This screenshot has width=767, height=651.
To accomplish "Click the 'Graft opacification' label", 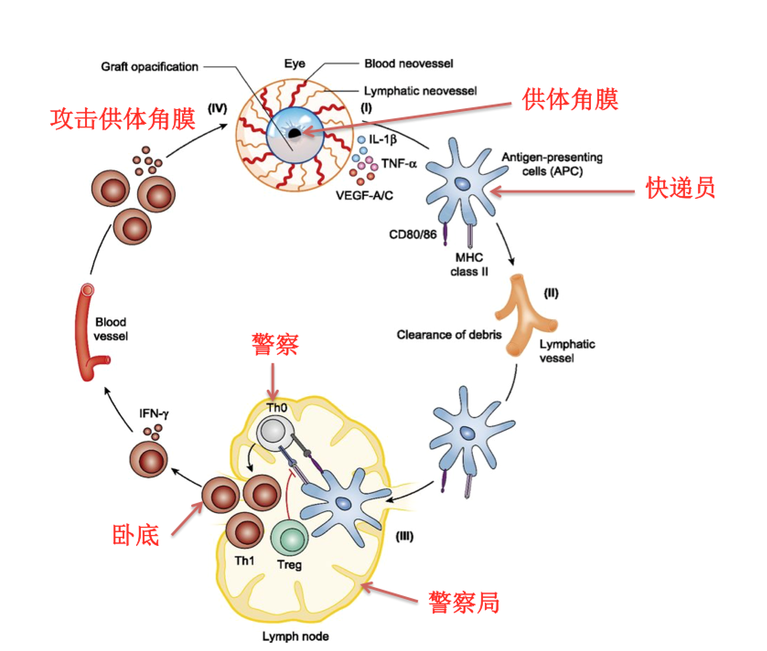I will point(150,67).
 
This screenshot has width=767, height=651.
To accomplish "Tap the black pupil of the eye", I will point(294,133).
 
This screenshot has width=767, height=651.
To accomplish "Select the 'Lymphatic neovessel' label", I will point(420,91).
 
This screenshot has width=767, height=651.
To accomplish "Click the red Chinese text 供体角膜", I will point(570,100).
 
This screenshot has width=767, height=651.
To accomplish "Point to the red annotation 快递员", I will point(680,188).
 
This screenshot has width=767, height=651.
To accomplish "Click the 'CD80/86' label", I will point(413,234).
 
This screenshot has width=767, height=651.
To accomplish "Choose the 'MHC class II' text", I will point(469,265).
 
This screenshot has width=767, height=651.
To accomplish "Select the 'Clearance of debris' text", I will point(449,335).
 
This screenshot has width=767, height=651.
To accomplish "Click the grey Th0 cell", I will point(274,432).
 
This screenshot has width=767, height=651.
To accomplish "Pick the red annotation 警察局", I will point(464,603).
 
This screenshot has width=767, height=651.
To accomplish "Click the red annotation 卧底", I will point(135,535).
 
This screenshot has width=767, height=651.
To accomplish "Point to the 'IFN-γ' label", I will point(154,413).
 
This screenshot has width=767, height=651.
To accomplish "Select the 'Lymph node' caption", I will point(295,636).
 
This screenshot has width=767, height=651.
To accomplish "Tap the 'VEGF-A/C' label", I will point(364,196).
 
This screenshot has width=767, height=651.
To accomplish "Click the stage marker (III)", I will point(404,536).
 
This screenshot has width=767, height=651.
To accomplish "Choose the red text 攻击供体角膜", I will point(123,119).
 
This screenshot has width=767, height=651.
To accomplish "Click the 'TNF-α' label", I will point(399,164).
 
